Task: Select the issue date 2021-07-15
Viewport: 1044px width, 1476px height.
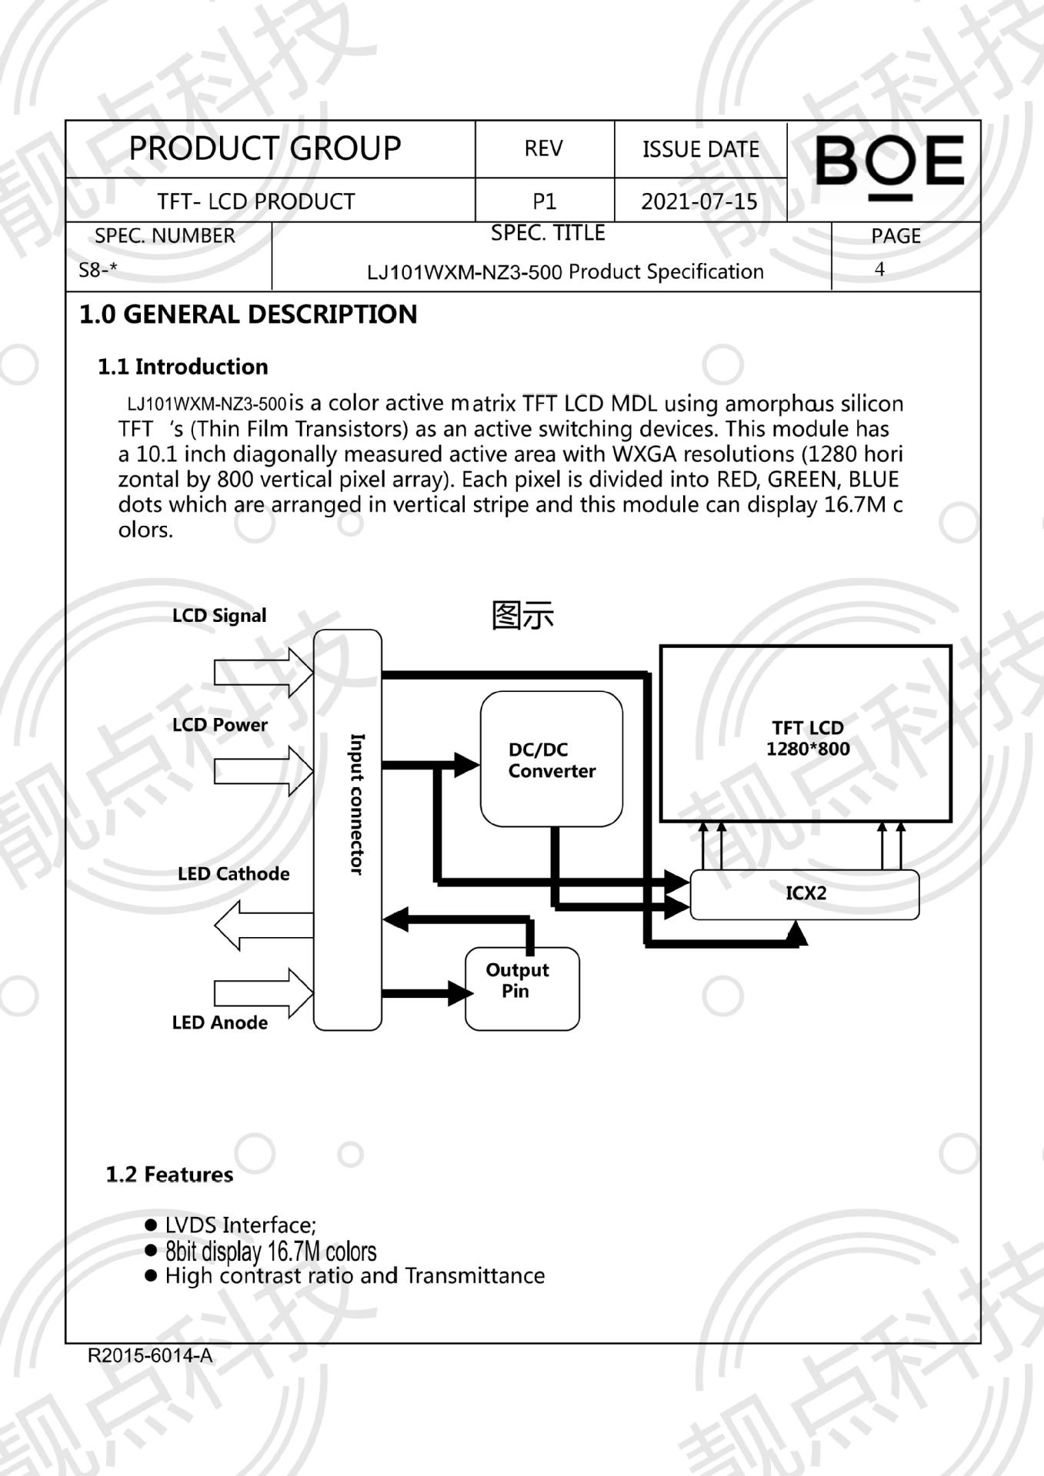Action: [x=699, y=201]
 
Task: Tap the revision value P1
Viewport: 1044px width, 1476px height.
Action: [x=544, y=201]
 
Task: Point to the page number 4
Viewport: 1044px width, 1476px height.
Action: [x=879, y=269]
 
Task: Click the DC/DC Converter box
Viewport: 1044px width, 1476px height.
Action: [x=551, y=759]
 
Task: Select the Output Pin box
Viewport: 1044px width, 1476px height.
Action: [x=522, y=988]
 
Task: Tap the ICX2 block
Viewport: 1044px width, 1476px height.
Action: [x=805, y=893]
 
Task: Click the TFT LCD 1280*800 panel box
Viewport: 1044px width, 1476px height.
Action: [x=806, y=734]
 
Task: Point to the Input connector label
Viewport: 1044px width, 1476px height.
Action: [x=357, y=803]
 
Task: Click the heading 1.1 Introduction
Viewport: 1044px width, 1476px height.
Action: [x=183, y=367]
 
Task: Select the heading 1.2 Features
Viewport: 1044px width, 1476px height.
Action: [x=169, y=1174]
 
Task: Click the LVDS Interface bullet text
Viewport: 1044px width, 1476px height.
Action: [x=240, y=1225]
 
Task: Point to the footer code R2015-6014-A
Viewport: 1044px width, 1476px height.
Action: [x=150, y=1355]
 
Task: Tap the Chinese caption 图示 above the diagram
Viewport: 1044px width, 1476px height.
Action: [x=522, y=616]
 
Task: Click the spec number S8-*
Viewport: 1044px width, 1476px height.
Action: [x=98, y=270]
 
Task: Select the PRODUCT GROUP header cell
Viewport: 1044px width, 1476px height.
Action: [x=265, y=148]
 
